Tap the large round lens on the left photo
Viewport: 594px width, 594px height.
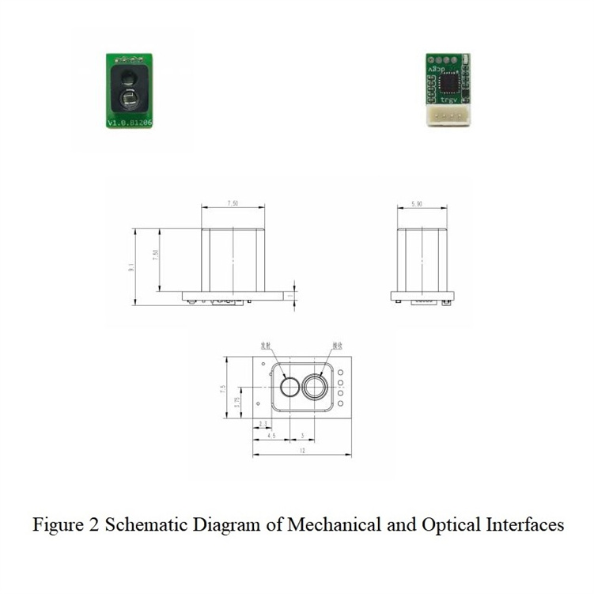[x=129, y=99]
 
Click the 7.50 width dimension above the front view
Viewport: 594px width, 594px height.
[x=233, y=203]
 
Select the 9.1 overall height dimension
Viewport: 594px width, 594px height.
[x=131, y=267]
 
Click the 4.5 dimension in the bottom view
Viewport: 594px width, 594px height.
[x=271, y=437]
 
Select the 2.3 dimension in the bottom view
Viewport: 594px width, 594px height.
[x=262, y=425]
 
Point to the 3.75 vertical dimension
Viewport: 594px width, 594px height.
[x=237, y=404]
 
